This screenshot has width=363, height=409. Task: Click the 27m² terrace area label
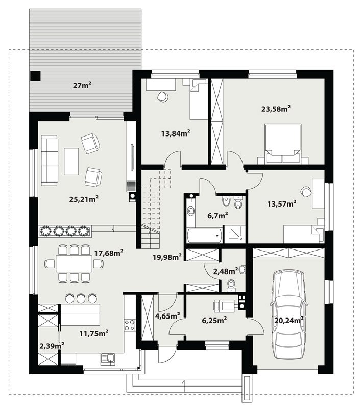[x=82, y=85]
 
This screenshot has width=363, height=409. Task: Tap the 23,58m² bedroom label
[x=276, y=109]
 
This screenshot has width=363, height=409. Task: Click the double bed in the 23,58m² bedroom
[x=283, y=144]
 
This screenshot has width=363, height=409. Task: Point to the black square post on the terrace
[x=35, y=76]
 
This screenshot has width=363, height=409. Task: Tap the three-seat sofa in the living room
[x=49, y=161]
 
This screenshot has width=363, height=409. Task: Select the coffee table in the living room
[x=71, y=162]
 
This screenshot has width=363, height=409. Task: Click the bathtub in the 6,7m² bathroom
[x=204, y=235]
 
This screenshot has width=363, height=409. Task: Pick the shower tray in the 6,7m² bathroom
[x=235, y=235]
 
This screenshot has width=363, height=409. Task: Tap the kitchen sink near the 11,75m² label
[x=108, y=359]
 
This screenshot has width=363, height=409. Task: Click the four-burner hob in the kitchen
[x=130, y=325]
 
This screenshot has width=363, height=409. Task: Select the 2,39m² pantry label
[x=52, y=346]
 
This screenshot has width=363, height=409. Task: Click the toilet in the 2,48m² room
[x=231, y=285]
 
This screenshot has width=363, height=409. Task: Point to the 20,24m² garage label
[x=289, y=320]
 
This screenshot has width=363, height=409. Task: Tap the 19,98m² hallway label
[x=167, y=257]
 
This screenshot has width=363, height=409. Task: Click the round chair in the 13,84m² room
[x=163, y=97]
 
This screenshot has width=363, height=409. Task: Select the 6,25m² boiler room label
[x=214, y=320]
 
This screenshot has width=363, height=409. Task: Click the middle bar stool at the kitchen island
[x=81, y=298]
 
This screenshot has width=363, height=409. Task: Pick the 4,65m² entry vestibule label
[x=167, y=316]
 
